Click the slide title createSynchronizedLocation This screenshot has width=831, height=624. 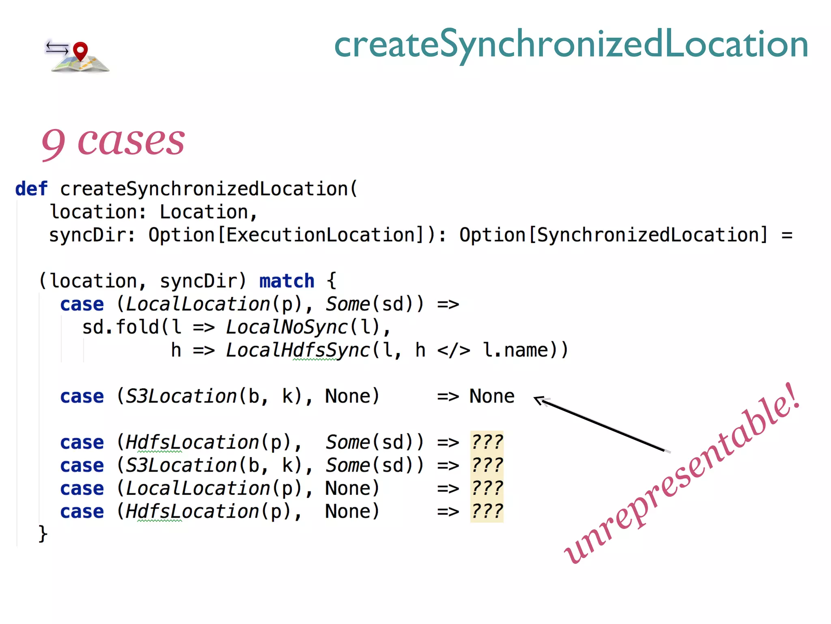(571, 44)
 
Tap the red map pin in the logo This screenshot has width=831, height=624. (80, 51)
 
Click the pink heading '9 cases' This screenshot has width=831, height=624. (113, 141)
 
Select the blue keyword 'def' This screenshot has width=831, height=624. (31, 189)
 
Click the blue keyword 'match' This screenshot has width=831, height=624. (286, 281)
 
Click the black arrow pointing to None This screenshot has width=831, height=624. (601, 425)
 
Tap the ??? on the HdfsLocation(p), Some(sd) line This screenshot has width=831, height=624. (487, 442)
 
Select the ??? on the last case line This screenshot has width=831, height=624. (487, 511)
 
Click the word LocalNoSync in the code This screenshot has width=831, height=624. (287, 327)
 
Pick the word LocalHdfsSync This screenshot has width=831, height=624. (298, 350)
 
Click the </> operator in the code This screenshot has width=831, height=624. (453, 350)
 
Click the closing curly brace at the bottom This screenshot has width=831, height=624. (43, 533)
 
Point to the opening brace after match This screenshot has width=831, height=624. (332, 281)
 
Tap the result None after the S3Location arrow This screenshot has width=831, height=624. (492, 396)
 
